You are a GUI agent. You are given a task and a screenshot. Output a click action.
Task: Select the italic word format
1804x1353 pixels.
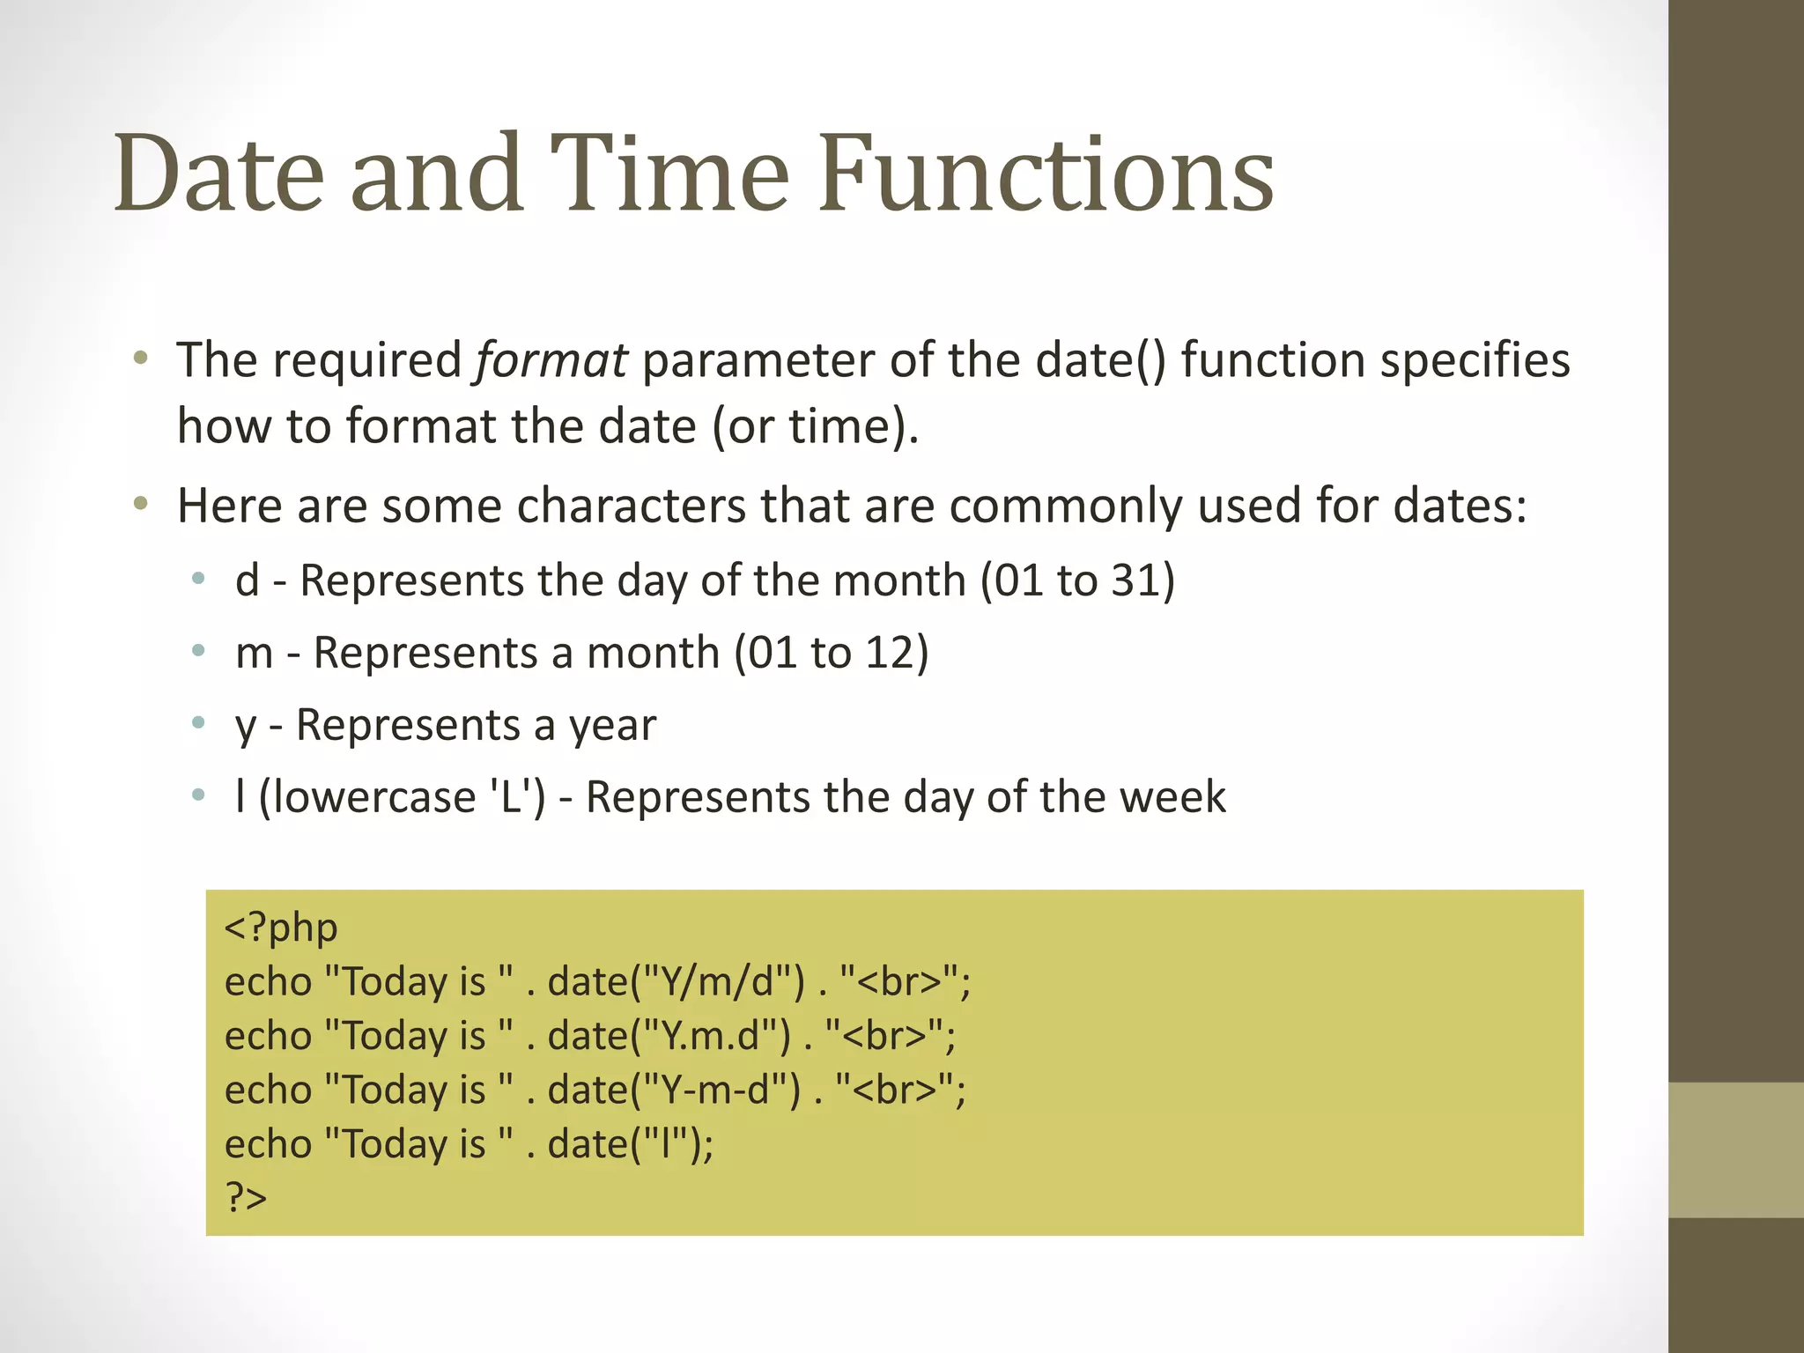click(551, 360)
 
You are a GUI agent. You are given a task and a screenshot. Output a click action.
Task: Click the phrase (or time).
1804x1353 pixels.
click(815, 426)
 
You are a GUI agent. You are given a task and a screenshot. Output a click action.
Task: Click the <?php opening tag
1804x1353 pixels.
click(281, 928)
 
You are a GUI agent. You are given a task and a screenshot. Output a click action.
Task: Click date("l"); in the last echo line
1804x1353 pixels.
click(631, 1144)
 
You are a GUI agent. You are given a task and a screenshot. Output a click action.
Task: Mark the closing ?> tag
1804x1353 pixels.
click(246, 1198)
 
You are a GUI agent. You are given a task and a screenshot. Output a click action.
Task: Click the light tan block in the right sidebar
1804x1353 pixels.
click(1736, 1150)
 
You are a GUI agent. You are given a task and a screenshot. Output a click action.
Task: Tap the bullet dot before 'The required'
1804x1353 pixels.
click(140, 358)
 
